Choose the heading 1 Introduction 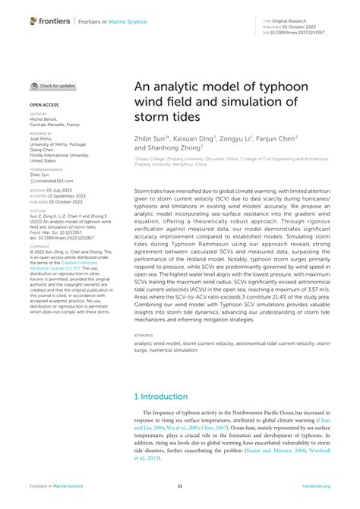(x=161, y=397)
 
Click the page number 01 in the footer (x=180, y=486)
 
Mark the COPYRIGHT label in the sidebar (x=39, y=247)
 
